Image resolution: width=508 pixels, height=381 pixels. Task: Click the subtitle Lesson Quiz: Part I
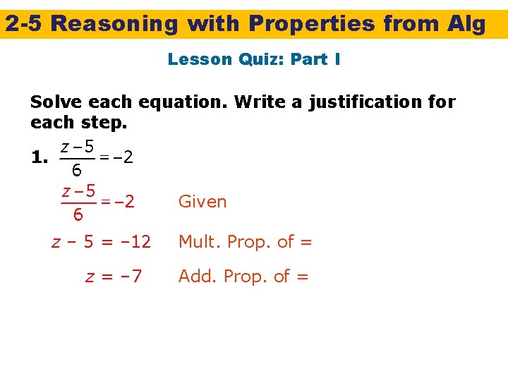click(x=254, y=59)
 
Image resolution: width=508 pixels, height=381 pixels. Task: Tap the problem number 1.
click(x=40, y=159)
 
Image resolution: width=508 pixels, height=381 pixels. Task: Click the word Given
click(x=202, y=202)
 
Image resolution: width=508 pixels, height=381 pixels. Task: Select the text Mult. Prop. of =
click(x=245, y=242)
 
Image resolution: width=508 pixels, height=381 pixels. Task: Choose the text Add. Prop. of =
click(x=243, y=276)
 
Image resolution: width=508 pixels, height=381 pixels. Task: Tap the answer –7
click(x=128, y=276)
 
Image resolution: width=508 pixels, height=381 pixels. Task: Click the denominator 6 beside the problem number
click(x=77, y=171)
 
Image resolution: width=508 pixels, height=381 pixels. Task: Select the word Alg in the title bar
click(x=466, y=24)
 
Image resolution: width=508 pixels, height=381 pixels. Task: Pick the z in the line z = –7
click(x=90, y=277)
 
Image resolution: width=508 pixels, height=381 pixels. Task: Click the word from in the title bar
click(x=411, y=24)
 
